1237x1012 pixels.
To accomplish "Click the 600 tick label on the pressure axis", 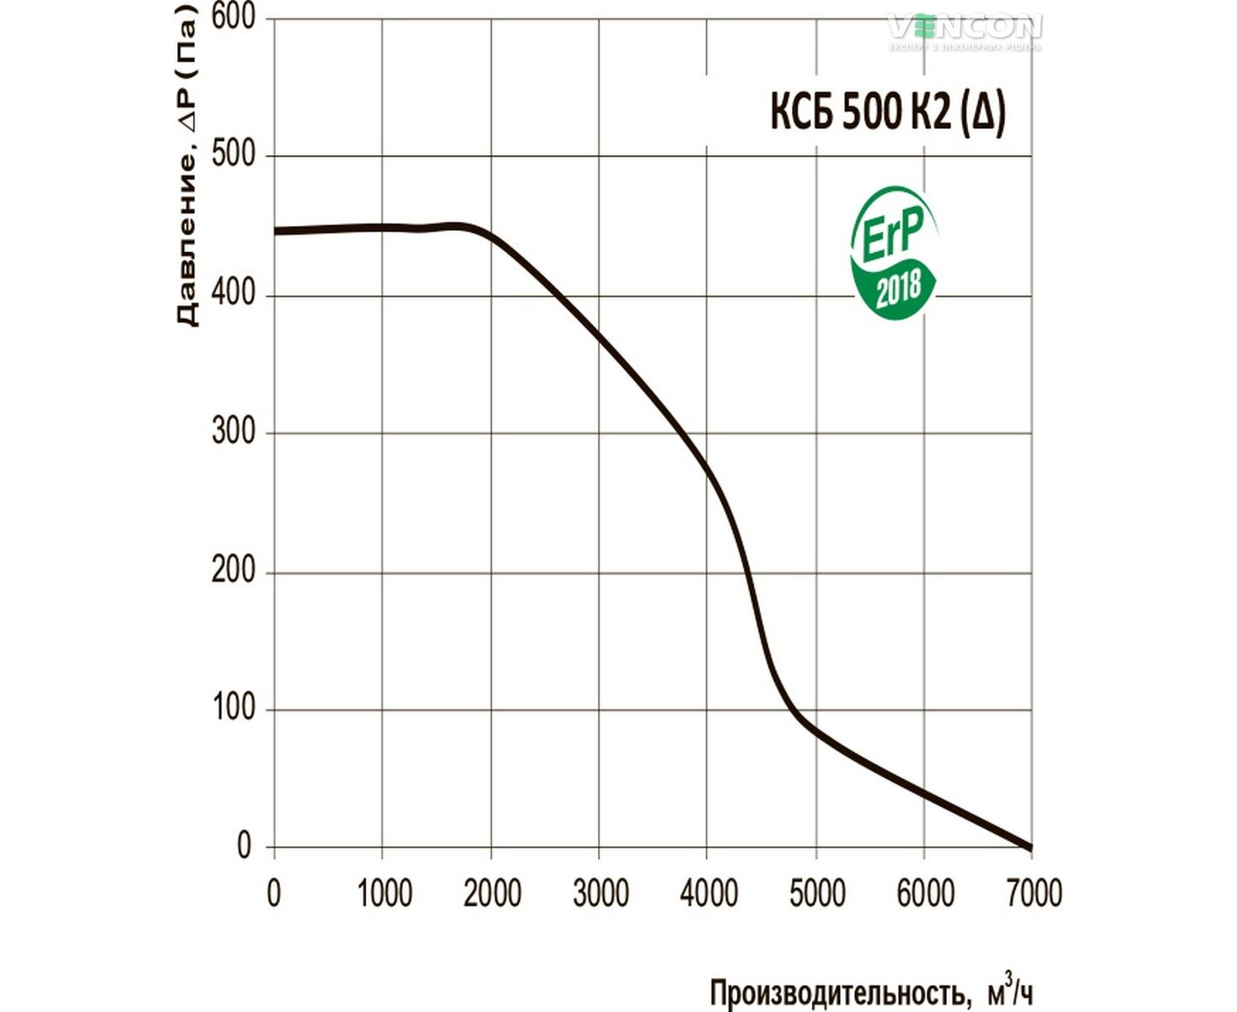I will pos(233,17).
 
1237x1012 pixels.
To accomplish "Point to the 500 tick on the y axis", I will pos(233,155).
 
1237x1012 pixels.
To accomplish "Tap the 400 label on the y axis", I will pos(233,293).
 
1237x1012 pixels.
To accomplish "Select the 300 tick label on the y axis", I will pos(233,432).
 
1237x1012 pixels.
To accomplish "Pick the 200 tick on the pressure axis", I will pos(233,571).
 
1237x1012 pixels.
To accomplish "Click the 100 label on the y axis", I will pos(233,708).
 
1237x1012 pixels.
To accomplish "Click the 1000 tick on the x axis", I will pos(385,893).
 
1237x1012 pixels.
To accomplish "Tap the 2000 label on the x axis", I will pos(492,893).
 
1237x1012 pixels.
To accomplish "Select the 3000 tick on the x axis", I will pos(600,893).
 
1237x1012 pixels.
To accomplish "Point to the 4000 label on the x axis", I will pos(708,893).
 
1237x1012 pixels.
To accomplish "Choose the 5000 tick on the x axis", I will pos(817,893).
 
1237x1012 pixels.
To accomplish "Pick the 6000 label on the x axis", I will pos(925,893).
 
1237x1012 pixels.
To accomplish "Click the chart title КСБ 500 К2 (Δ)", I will pos(888,112).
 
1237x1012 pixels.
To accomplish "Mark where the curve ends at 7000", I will pos(1030,847).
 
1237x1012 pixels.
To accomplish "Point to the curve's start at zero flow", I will pos(276,230).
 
